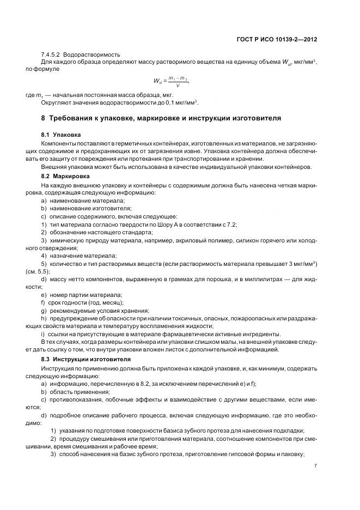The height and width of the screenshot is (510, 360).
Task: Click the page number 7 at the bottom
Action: [316, 466]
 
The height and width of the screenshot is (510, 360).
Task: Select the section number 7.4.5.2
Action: [51, 55]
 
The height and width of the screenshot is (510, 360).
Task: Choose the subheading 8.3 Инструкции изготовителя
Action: [86, 360]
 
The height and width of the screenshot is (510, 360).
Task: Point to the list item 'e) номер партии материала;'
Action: [81, 294]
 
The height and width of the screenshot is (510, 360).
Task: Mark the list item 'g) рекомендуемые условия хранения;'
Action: [91, 310]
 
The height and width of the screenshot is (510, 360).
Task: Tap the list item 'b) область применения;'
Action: [75, 392]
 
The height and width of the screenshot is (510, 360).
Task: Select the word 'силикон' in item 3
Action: [241, 240]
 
